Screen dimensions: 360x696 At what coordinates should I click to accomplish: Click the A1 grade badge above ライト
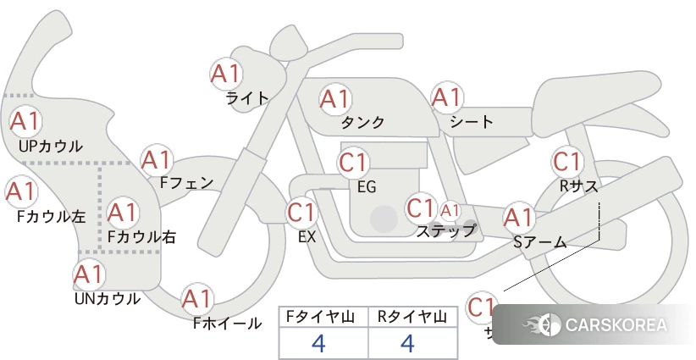click(226, 74)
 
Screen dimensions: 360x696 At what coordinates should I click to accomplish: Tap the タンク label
click(363, 123)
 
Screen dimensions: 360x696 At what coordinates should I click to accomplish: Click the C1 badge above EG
click(353, 162)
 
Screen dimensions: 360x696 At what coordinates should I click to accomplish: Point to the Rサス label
click(578, 185)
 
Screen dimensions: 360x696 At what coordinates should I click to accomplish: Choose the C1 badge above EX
click(302, 212)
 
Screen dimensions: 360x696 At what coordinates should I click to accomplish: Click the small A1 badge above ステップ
click(450, 209)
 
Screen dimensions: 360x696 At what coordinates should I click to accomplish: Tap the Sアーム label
click(540, 242)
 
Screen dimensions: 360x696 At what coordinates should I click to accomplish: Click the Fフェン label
click(186, 182)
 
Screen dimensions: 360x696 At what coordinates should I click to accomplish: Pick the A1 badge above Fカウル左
click(20, 192)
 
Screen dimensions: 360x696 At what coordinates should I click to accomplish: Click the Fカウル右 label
click(141, 237)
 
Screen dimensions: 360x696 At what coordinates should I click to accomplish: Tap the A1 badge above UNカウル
click(89, 274)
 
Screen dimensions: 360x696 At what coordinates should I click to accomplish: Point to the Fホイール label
click(227, 324)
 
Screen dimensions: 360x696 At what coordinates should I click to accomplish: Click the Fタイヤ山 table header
click(323, 317)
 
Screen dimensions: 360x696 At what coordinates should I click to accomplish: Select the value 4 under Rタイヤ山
click(407, 344)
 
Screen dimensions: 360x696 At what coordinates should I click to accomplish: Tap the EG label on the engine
click(367, 186)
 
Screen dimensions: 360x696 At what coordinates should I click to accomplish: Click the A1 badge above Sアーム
click(518, 218)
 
